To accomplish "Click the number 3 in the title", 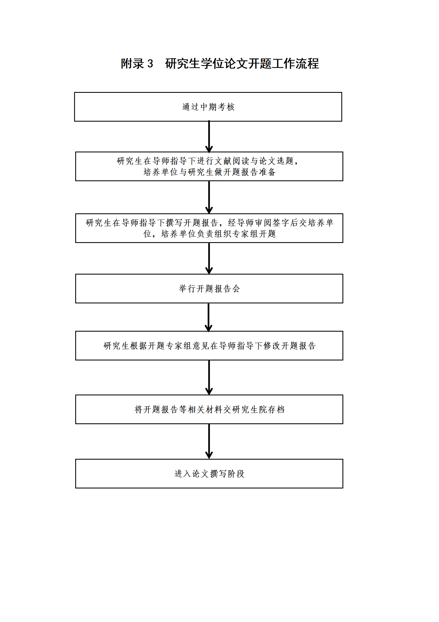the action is tap(150, 64).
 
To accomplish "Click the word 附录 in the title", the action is tap(132, 63).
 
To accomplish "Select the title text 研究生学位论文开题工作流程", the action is tap(242, 63).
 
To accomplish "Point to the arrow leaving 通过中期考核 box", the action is tap(209, 137).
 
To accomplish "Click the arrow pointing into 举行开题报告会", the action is tap(209, 258).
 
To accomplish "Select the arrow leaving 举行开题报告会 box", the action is tap(209, 317).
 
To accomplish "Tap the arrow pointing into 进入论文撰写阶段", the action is tap(209, 442).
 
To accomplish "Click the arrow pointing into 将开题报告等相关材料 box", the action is tap(209, 378).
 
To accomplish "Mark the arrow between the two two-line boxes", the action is tap(209, 197).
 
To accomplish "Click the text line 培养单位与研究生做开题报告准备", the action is tap(209, 172).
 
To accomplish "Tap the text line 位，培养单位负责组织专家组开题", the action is tap(209, 234).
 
